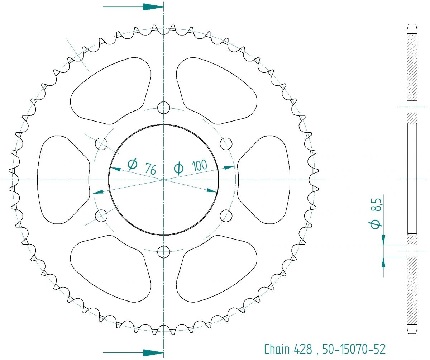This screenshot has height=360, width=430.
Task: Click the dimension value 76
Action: pos(150,169)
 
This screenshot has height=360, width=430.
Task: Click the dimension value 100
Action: pos(199,165)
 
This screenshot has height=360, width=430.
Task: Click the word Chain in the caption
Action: pos(277,349)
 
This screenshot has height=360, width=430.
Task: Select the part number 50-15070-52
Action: pos(354,349)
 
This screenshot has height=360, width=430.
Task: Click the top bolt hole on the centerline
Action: pos(164,108)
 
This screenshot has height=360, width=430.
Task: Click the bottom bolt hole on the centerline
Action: pos(164,252)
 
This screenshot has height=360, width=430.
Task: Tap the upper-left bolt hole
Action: pos(101,143)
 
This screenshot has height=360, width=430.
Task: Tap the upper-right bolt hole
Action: pos(226,144)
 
